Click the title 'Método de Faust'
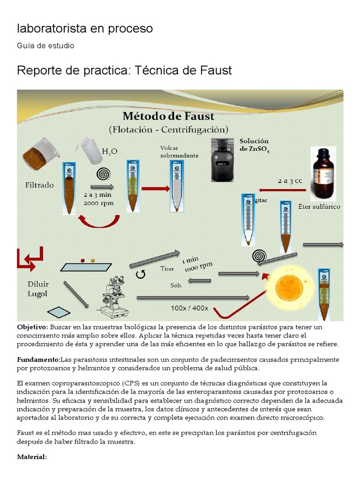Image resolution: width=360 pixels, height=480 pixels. point(168,116)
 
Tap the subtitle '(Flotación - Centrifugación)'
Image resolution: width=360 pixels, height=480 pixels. point(168,129)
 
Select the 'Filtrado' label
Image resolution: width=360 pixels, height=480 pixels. point(39,185)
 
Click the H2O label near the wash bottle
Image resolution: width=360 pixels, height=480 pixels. point(110,151)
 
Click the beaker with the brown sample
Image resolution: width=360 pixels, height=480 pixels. point(41,153)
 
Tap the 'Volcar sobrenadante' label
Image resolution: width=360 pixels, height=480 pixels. point(179,152)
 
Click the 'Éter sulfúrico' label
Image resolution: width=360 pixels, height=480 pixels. point(319,206)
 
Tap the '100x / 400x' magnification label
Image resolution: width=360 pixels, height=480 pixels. point(189,308)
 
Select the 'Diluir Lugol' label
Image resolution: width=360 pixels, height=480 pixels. point(38,289)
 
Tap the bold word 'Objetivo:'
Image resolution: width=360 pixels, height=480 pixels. point(32,327)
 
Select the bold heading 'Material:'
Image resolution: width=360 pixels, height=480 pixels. point(32,457)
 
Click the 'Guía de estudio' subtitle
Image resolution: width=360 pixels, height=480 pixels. point(45,45)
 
